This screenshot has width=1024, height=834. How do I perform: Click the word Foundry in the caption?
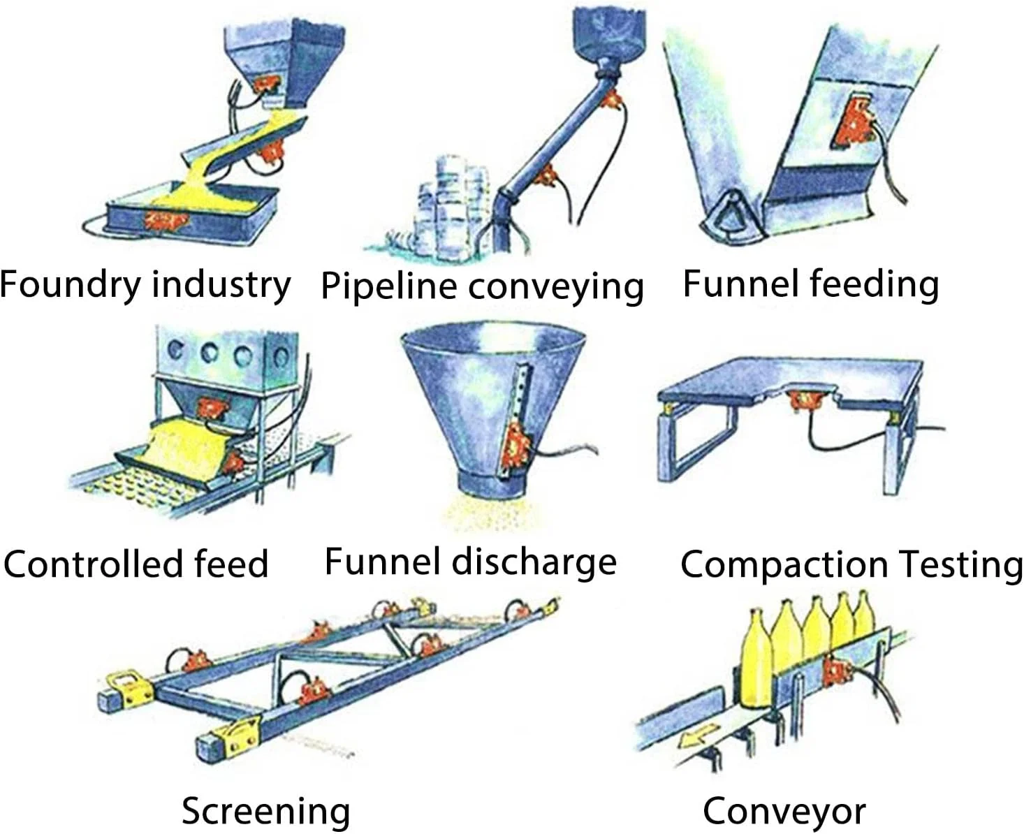click(x=71, y=284)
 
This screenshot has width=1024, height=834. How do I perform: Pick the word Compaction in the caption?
click(x=782, y=564)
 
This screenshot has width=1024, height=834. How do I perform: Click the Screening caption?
click(x=265, y=811)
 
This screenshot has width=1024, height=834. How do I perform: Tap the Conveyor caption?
click(x=784, y=811)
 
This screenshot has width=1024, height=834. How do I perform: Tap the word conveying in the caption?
click(x=555, y=287)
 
